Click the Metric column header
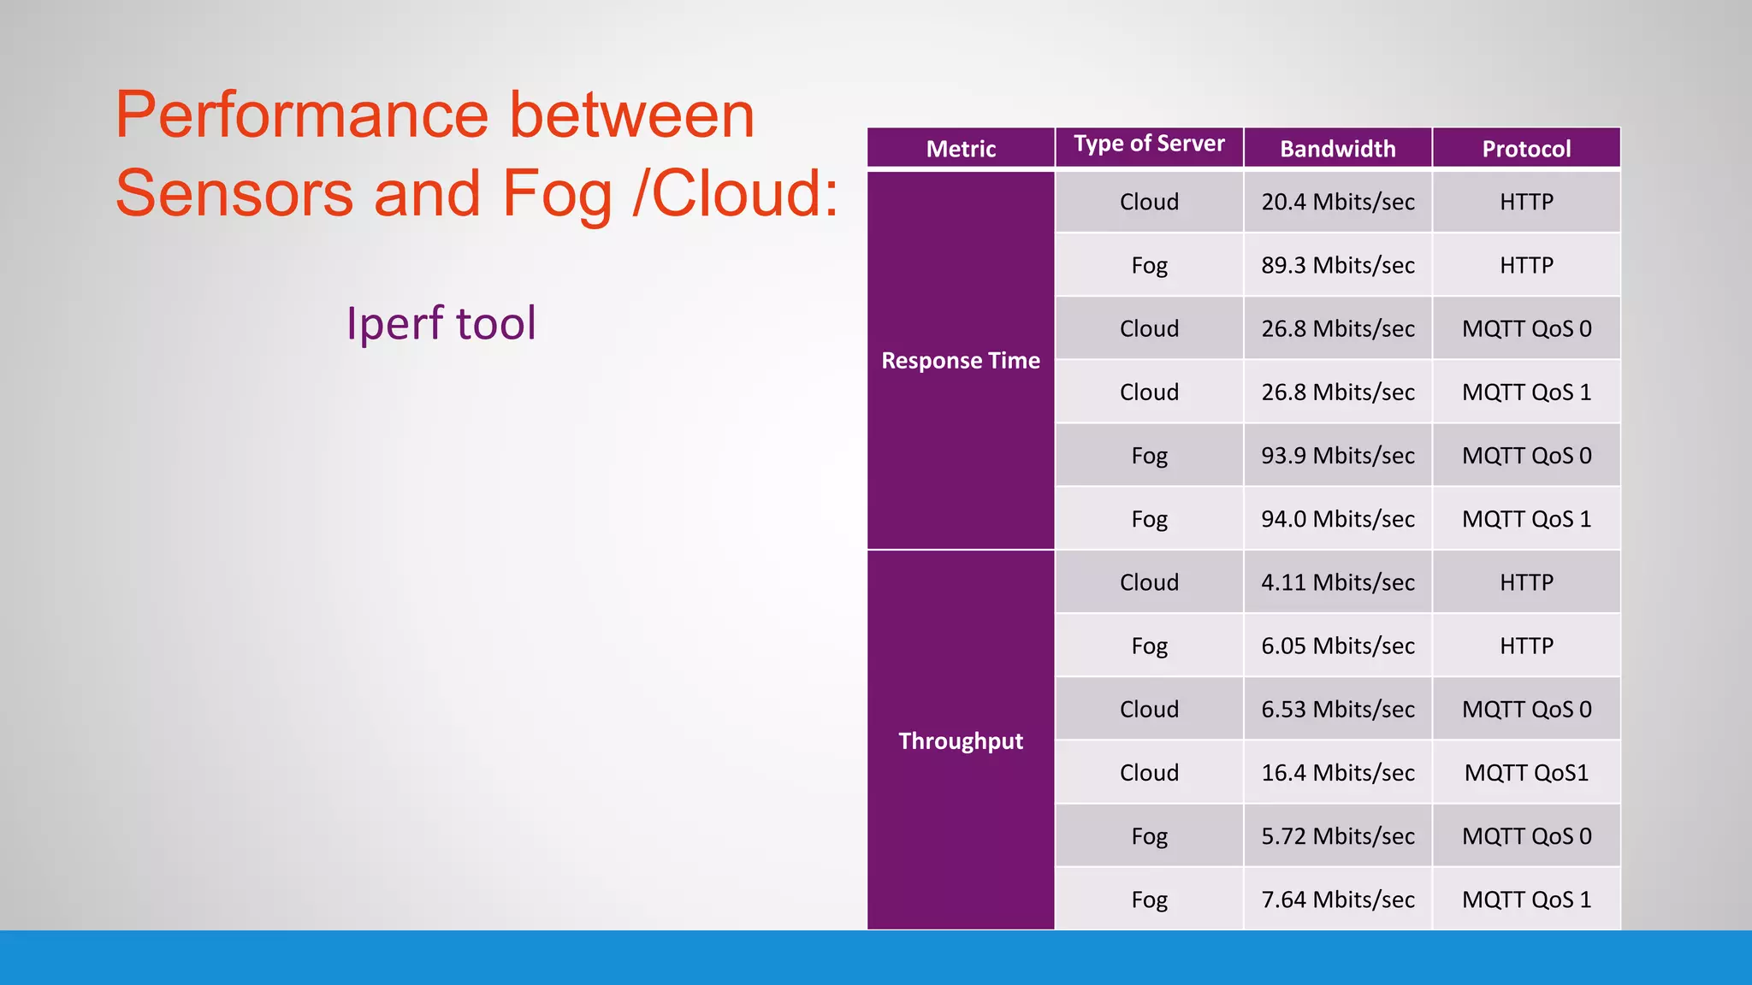tap(961, 149)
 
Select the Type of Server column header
tap(1149, 144)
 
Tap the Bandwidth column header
tap(1337, 149)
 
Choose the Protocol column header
tap(1526, 149)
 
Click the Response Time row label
tap(961, 361)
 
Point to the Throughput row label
tap(961, 740)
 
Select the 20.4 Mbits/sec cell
tap(1337, 202)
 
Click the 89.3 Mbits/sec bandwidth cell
tap(1337, 265)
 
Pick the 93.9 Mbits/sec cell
tap(1337, 456)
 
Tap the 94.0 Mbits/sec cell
tap(1337, 519)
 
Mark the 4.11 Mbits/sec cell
tap(1337, 582)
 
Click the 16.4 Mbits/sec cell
tap(1337, 773)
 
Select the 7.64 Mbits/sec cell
tap(1337, 899)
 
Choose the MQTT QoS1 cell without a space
tap(1526, 773)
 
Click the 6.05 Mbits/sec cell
tap(1337, 646)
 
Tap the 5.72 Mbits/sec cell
tap(1337, 836)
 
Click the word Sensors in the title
tap(234, 193)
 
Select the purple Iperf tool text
tap(441, 324)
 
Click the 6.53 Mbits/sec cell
tap(1337, 710)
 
